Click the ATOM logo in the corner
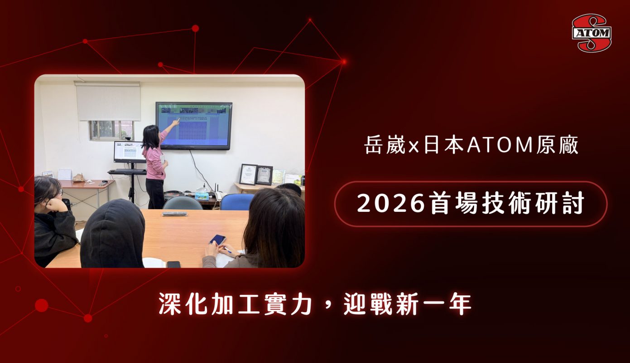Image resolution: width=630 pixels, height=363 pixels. coord(592,32)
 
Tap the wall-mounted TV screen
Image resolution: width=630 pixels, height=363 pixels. coord(194,125)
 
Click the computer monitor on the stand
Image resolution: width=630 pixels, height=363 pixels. coord(129,152)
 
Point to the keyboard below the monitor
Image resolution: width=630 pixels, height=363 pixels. coord(127,172)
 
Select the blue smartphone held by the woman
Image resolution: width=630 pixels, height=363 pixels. coord(217,239)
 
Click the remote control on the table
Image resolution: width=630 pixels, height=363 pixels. coord(174,214)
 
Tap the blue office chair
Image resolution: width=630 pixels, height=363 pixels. coord(237,201)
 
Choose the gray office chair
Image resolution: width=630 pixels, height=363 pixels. coord(182,203)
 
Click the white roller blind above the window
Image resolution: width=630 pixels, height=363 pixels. coord(108,102)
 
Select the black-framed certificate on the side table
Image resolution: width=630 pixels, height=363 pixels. coord(248,174)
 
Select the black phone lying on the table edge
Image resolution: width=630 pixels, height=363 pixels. coord(173,264)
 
